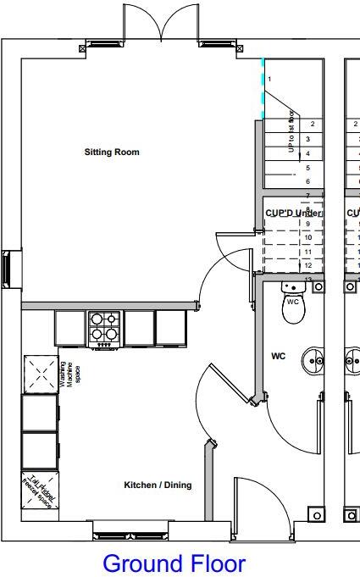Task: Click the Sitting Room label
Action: pyautogui.click(x=111, y=153)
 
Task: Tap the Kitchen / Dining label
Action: pyautogui.click(x=158, y=485)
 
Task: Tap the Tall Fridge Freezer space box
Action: pyautogui.click(x=38, y=491)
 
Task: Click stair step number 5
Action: pyautogui.click(x=307, y=168)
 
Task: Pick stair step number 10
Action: pyautogui.click(x=308, y=238)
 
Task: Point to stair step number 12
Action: pyautogui.click(x=308, y=265)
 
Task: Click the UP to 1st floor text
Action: pyautogui.click(x=291, y=131)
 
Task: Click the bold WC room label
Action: pyautogui.click(x=278, y=357)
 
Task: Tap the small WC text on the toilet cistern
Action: pyautogui.click(x=293, y=301)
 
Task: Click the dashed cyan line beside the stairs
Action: pyautogui.click(x=263, y=88)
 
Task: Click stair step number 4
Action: pyautogui.click(x=307, y=153)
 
